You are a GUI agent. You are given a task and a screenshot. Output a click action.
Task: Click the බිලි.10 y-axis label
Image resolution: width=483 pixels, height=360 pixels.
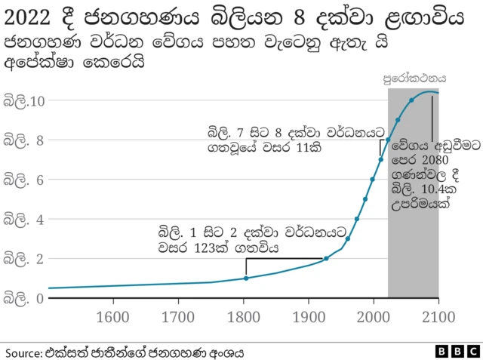pos(26,100)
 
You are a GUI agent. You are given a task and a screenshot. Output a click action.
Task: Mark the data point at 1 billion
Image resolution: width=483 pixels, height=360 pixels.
pos(246,278)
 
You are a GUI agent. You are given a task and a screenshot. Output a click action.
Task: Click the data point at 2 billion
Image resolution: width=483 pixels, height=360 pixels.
pos(326,259)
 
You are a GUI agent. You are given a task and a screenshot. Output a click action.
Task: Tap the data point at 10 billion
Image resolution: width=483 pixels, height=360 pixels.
pos(411,100)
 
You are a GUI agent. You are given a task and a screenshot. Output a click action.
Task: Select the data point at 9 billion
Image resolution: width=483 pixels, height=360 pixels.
pos(398,120)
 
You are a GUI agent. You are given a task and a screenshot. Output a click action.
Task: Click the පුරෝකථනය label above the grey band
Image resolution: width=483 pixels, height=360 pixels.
pos(414,78)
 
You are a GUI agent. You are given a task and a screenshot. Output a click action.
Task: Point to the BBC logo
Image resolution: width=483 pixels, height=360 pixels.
pos(457,352)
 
